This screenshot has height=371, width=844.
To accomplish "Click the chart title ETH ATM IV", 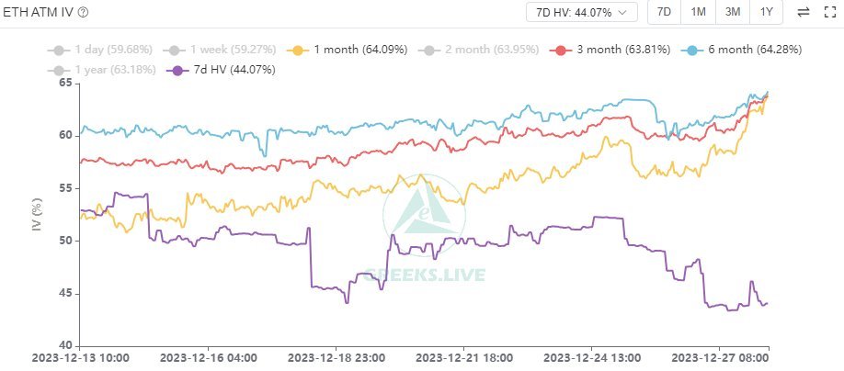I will (39, 12).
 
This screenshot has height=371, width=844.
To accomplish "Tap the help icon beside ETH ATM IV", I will (84, 12).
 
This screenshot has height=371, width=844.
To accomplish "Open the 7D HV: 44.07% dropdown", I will (582, 12).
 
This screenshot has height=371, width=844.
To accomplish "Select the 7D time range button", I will (664, 12).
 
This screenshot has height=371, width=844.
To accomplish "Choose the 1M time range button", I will (699, 12).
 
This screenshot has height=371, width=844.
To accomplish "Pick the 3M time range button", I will (733, 12).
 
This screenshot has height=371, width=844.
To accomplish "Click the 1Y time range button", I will (766, 12).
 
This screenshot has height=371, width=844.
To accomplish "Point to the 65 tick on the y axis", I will (65, 84).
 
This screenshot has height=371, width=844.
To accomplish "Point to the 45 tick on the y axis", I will (65, 294).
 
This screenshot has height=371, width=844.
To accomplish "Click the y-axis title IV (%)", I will (38, 213).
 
